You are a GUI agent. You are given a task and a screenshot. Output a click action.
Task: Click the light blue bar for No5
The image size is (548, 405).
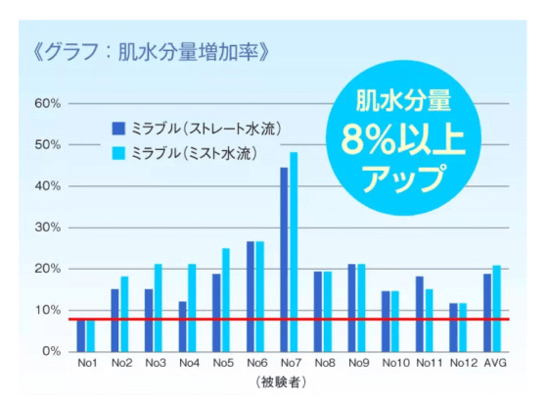(226, 299)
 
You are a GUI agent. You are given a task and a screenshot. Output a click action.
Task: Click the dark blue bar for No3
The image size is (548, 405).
(148, 320)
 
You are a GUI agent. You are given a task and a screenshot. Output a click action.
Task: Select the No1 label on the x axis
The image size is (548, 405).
(86, 365)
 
